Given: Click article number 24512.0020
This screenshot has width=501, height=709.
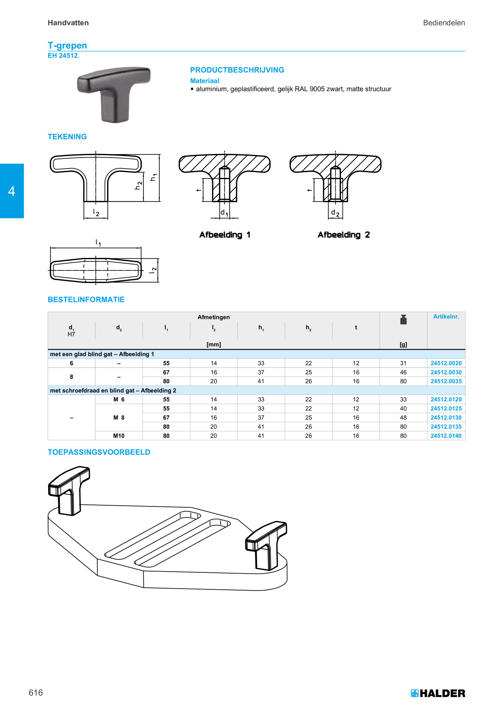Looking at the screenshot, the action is point(446,363).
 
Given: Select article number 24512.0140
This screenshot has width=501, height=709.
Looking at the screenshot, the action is point(446,436).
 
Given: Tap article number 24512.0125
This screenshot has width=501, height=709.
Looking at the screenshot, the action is point(446,409).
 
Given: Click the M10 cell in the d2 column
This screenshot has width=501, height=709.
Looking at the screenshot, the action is point(119,436).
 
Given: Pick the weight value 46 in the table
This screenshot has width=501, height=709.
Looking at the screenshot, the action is point(403,372).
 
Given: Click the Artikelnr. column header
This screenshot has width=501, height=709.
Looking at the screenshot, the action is point(446,317).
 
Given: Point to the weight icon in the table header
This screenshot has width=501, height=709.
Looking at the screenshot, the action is point(403,319).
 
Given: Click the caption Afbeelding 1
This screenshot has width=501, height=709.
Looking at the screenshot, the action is point(225,235).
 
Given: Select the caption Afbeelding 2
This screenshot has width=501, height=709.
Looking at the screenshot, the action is point(343,235).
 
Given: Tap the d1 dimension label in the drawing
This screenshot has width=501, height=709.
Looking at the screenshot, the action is point(224,213).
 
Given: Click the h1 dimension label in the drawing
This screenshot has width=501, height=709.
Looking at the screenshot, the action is point(153,177).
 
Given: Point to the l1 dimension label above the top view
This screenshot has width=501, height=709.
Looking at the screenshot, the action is point(98,243).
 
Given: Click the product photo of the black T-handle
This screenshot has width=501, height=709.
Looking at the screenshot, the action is point(114,95).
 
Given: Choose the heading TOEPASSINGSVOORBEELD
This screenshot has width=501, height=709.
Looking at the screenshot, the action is point(99,452).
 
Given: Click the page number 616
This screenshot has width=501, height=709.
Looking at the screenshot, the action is point(36,692).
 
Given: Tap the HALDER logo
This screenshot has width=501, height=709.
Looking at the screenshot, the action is point(438,693).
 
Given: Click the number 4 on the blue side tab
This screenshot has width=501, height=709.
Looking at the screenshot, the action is point(12,191).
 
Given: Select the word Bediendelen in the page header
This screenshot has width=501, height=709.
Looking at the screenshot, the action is point(444,23).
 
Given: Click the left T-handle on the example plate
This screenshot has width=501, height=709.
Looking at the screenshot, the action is point(69,490).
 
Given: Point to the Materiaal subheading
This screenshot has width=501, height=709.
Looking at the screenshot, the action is point(205,81).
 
